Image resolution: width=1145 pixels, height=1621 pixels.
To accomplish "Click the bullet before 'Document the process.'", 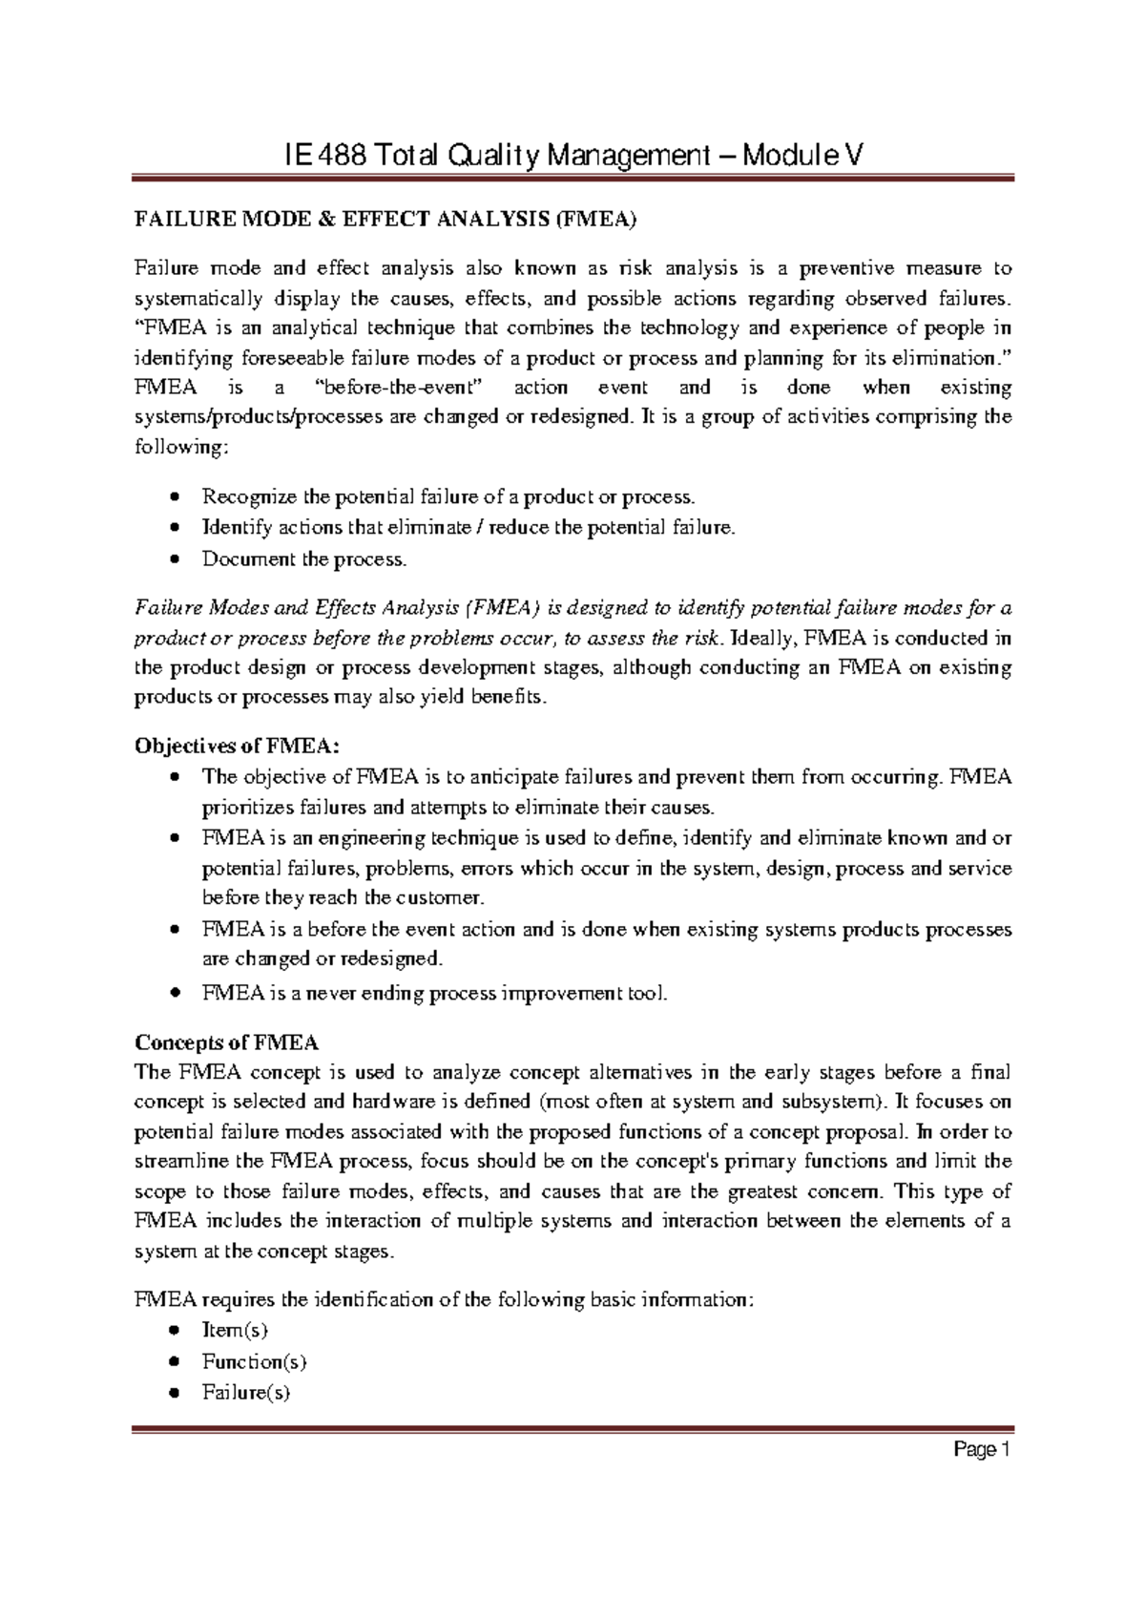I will pyautogui.click(x=173, y=559).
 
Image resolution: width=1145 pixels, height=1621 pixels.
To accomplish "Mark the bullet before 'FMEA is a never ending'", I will pyautogui.click(x=173, y=993).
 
